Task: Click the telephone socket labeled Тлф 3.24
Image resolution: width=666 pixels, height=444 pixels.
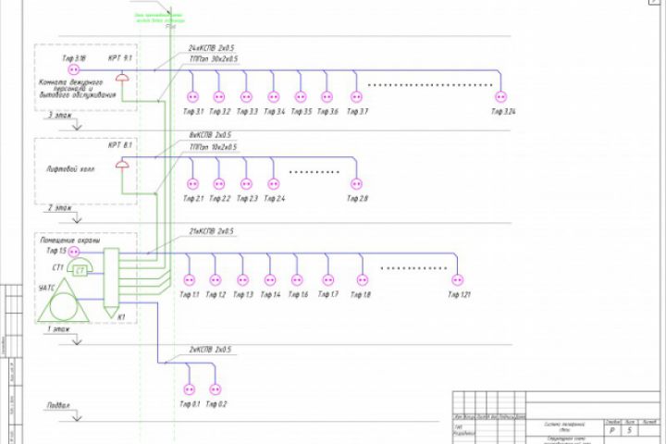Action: click(503, 96)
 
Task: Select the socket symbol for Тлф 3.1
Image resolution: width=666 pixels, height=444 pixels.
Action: click(193, 96)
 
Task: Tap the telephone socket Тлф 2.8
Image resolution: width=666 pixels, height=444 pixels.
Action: click(352, 183)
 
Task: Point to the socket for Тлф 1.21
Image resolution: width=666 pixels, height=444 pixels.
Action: click(455, 279)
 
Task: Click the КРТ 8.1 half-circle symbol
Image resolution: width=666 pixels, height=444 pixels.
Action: click(121, 164)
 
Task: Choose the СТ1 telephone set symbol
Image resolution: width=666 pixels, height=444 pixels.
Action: click(80, 269)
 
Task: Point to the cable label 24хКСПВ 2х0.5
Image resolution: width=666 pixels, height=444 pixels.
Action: click(211, 47)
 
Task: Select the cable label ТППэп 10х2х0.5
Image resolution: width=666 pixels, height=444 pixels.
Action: click(213, 146)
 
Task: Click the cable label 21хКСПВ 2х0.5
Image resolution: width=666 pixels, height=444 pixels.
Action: click(211, 231)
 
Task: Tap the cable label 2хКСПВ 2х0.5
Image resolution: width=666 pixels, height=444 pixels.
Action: click(210, 351)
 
